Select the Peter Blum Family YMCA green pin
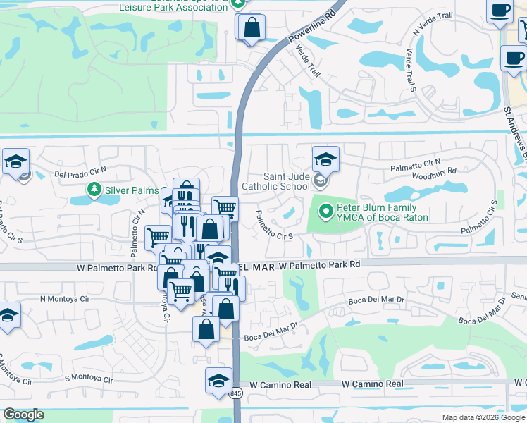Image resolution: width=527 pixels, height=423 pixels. coord(325,211)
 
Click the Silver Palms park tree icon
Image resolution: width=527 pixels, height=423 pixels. coord(94,190)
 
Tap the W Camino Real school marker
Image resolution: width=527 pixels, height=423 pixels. coord(218,381)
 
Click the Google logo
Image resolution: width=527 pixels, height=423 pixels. coord(23,415)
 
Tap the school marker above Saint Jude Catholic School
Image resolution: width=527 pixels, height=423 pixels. coord(325,159)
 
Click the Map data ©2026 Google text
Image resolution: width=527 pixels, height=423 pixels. coord(483,417)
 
